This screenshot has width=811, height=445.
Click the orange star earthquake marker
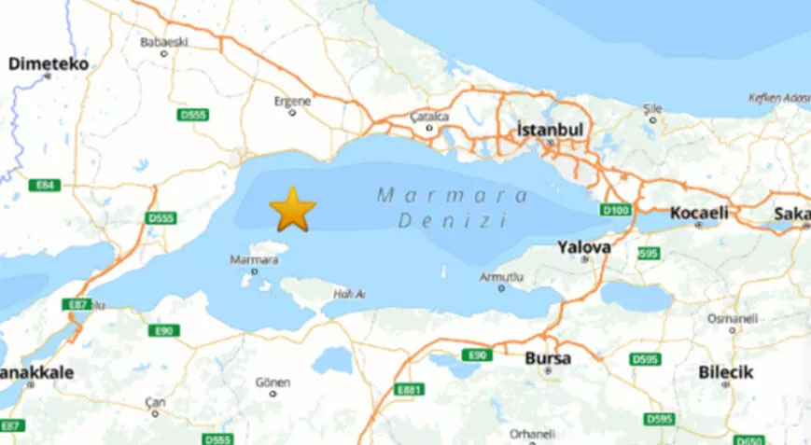293,209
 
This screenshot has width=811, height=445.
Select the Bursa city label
548,358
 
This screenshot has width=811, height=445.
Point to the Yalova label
583,247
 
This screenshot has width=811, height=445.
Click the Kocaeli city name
699,213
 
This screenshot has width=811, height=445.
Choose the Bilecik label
725,372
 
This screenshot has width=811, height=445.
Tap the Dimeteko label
48,64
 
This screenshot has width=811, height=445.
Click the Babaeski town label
164,42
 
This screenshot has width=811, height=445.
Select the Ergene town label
292,101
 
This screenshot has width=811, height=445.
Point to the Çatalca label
429,117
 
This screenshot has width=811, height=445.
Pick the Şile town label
652,108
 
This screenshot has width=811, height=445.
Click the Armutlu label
502,277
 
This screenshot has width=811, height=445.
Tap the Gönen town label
273,382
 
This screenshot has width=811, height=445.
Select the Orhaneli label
532,434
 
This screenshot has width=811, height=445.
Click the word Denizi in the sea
452,222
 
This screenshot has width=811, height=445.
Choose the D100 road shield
616,211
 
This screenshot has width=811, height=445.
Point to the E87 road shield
77,305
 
